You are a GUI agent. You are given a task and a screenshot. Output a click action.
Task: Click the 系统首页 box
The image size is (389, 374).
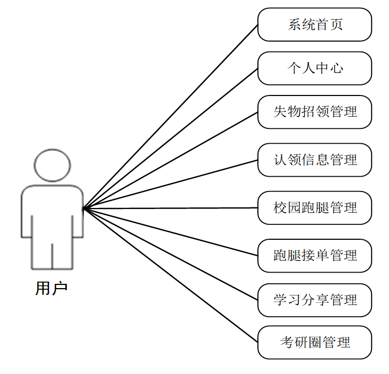point(315,24)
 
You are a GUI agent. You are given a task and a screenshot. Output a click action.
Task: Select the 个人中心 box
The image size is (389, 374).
point(315,68)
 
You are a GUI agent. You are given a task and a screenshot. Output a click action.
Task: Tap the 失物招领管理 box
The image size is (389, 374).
point(315,112)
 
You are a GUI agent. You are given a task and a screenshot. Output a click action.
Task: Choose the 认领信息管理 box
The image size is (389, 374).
point(315,160)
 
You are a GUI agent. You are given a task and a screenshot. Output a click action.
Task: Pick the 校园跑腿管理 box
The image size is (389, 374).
point(315,207)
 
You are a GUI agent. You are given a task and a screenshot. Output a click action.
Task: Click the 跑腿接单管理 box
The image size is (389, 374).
point(315,256)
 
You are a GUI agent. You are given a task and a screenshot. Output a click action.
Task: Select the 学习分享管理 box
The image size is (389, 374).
point(315,300)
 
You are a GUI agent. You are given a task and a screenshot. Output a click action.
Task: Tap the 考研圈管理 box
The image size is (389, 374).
point(315,342)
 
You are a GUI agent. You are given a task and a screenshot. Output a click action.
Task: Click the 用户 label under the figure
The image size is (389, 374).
point(51,289)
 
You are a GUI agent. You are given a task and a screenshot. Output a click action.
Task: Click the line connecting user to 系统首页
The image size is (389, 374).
point(170,117)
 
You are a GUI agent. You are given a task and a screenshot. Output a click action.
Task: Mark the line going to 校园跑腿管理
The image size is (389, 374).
point(170,208)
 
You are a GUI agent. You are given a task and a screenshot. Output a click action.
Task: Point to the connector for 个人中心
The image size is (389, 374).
point(170,139)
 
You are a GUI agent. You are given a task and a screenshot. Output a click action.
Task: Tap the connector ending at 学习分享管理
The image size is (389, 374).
point(170,255)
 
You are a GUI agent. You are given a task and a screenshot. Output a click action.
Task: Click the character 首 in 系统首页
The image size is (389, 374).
point(322,24)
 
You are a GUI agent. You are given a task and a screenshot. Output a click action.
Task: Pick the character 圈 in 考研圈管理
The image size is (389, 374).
point(315,342)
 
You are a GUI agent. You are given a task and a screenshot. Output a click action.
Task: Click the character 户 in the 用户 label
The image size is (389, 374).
point(60,289)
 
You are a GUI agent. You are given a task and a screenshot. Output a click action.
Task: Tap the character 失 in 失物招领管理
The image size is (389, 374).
point(280,112)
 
